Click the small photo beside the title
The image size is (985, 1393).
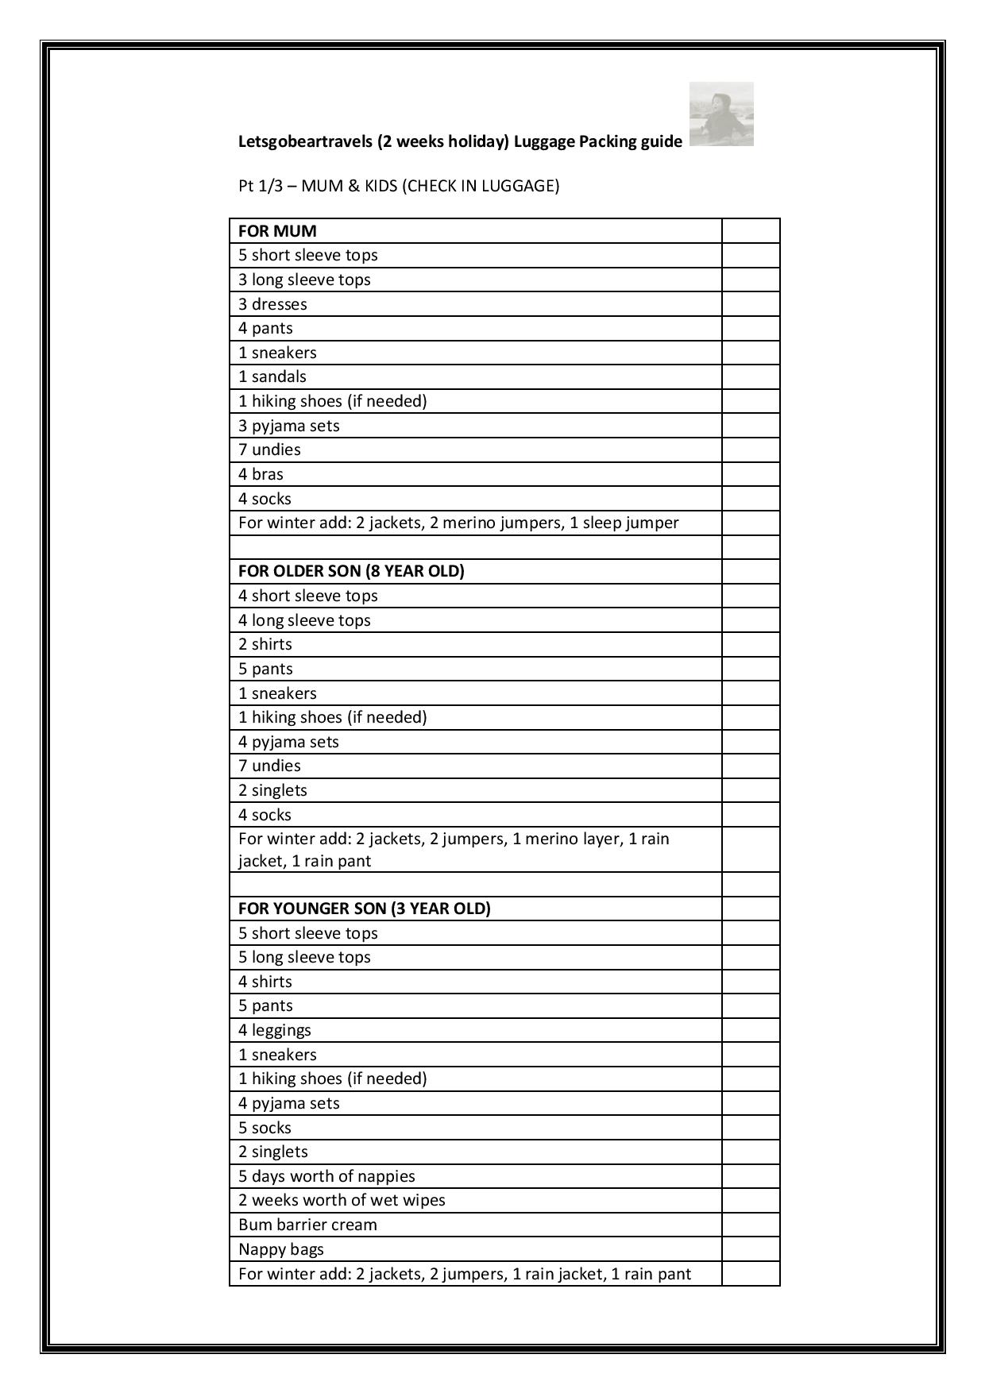pos(721,114)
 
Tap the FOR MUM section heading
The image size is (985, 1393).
pos(277,231)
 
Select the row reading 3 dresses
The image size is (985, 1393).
pos(272,304)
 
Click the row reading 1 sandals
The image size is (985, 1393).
pos(272,376)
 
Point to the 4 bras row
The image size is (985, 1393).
pos(261,474)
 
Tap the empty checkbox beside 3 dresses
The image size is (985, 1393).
pos(751,304)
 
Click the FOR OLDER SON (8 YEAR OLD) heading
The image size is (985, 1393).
pos(351,571)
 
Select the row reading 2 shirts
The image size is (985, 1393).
pos(265,644)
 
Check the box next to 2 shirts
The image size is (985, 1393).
pos(751,644)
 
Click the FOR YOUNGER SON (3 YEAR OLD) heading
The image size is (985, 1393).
pos(365,908)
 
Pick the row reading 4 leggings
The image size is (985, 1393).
pos(275,1030)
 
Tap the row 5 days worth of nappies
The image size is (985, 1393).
pos(326,1176)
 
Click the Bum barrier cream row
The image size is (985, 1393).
pos(307,1225)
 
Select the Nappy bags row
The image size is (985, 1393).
pos(281,1249)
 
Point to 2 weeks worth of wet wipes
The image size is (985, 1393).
pos(342,1200)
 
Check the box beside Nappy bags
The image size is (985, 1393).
pos(751,1249)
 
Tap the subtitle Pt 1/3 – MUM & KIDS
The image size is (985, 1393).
pos(399,186)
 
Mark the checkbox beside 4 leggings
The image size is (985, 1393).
pos(751,1030)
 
